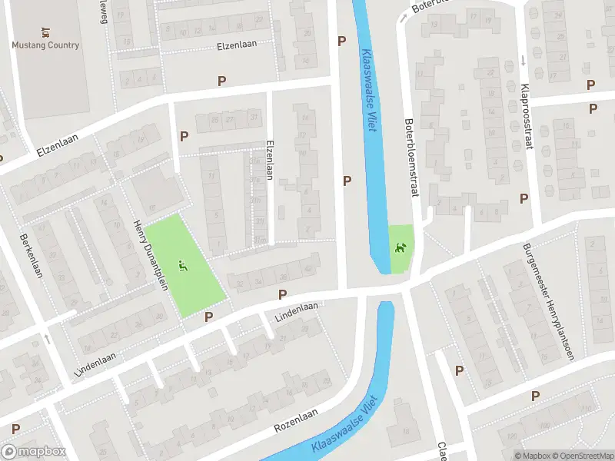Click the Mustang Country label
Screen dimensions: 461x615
[x=45, y=45]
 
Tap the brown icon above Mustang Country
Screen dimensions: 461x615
[x=45, y=32]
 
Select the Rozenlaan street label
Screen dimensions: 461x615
[x=295, y=419]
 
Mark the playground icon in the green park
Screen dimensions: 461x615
[x=182, y=266]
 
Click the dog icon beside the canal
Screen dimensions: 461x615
[x=400, y=247]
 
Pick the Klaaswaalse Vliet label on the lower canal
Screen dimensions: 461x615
[x=350, y=429]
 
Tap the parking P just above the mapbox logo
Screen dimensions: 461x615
[x=15, y=429]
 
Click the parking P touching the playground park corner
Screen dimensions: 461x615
[x=208, y=317]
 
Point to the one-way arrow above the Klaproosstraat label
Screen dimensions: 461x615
[x=523, y=60]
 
